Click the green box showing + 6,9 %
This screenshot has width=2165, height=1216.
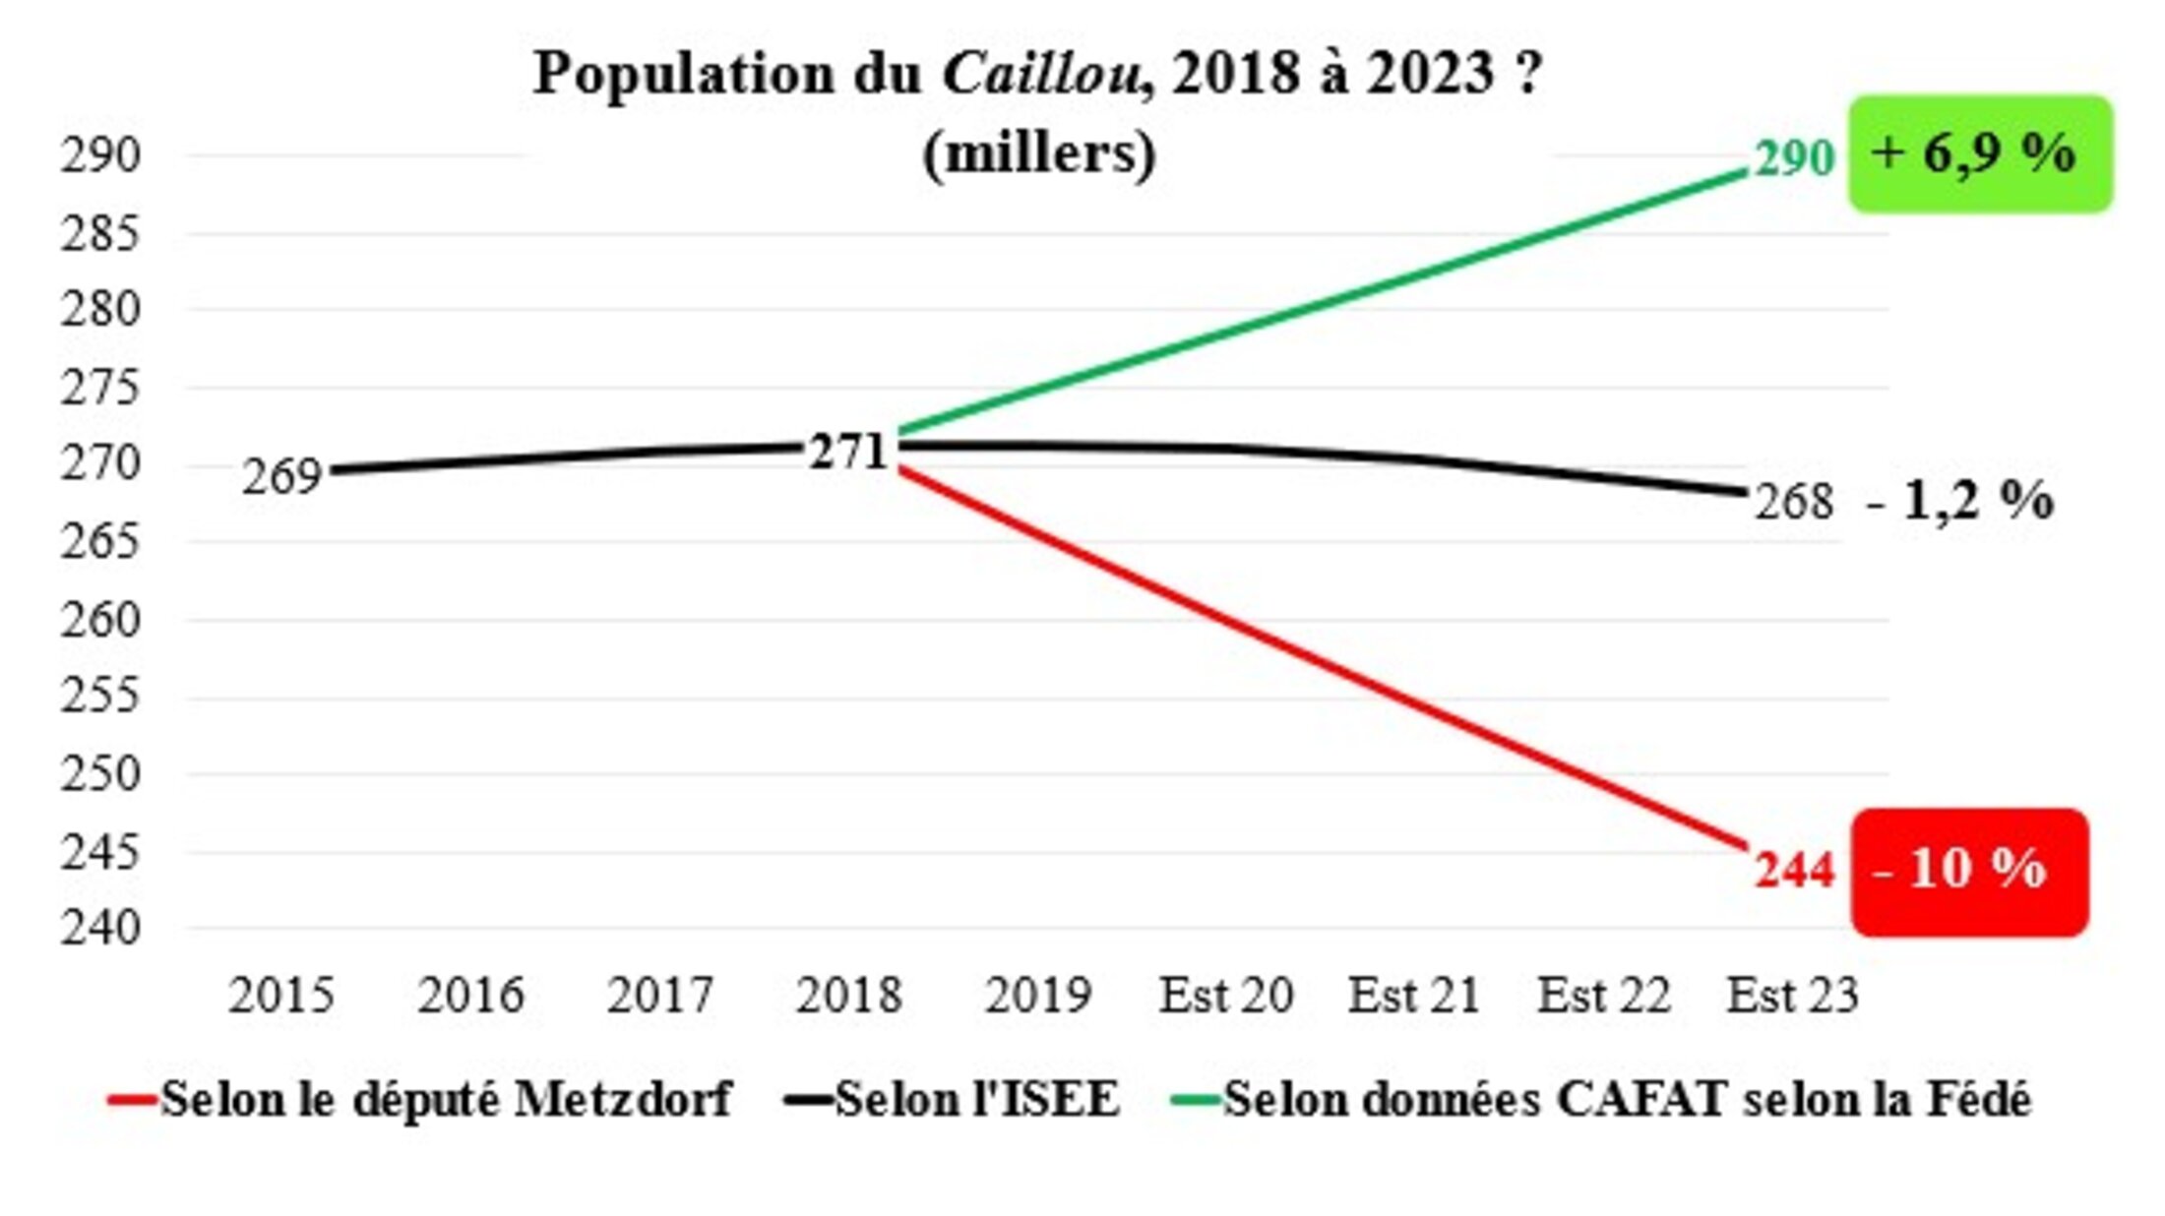tap(1979, 153)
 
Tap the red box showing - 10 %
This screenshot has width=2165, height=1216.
tap(1968, 871)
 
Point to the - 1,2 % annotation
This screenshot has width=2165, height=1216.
tap(1960, 501)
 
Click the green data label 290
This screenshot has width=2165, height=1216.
tap(1794, 157)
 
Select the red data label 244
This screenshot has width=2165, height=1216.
tap(1794, 871)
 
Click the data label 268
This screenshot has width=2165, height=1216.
tap(1794, 502)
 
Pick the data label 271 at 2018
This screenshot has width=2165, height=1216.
tap(847, 453)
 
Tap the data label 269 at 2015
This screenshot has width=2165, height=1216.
tap(282, 477)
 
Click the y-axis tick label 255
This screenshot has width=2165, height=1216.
tap(100, 697)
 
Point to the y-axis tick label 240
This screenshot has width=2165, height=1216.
tap(100, 928)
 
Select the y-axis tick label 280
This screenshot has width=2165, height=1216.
tap(100, 310)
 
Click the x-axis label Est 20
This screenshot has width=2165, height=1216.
tap(1226, 996)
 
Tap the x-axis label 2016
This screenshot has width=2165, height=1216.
tap(470, 996)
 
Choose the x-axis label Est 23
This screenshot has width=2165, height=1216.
tap(1793, 996)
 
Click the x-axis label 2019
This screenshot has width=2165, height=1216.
tap(1038, 996)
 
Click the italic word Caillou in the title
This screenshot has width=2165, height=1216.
tap(1041, 74)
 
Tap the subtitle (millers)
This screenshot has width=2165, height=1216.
tap(1039, 152)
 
